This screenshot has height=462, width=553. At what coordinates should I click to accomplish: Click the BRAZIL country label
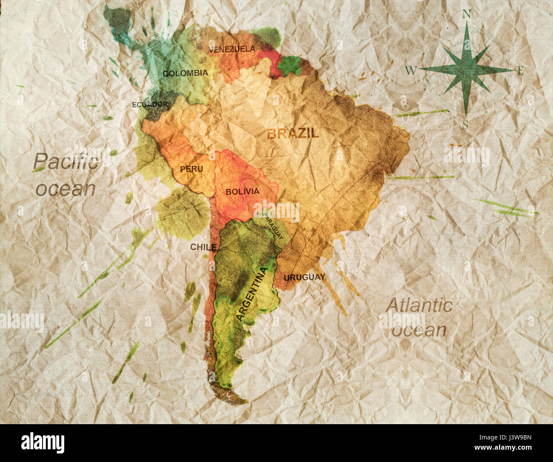point(293,134)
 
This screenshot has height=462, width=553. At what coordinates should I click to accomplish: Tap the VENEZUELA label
point(232,49)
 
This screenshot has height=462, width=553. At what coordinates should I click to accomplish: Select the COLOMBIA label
point(185,73)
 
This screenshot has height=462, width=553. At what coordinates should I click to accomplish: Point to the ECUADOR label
point(150,104)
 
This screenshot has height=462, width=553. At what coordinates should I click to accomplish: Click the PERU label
point(191,169)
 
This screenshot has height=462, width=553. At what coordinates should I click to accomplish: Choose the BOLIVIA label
point(242,191)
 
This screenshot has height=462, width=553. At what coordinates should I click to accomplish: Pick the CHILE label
point(203,247)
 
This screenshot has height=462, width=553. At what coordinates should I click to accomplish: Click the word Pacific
point(66,162)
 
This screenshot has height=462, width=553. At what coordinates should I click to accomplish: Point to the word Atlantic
point(419,305)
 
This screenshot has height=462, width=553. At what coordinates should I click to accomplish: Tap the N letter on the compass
point(467,14)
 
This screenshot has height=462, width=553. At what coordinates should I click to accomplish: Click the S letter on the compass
point(465,125)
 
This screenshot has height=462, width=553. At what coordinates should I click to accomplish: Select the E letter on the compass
point(520,71)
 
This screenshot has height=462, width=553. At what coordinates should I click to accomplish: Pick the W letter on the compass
point(410,71)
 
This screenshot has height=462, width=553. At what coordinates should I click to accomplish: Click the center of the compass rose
point(466,69)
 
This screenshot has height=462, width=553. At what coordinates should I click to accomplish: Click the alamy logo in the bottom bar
point(43,442)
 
